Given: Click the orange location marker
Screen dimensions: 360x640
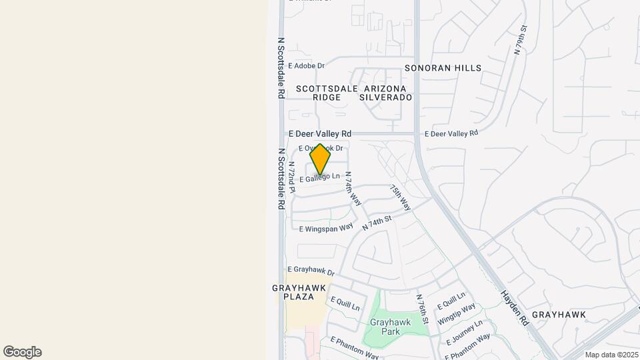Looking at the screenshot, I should pyautogui.click(x=320, y=159).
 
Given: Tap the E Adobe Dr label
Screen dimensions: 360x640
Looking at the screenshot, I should pyautogui.click(x=306, y=66).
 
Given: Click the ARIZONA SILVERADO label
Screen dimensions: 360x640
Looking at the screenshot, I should pyautogui.click(x=385, y=93).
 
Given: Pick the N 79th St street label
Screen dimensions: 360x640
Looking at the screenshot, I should pyautogui.click(x=521, y=39).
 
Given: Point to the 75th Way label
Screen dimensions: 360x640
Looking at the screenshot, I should pyautogui.click(x=401, y=198).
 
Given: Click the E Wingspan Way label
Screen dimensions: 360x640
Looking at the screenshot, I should pyautogui.click(x=326, y=228).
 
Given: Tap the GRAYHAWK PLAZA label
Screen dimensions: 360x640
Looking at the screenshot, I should pyautogui.click(x=299, y=292).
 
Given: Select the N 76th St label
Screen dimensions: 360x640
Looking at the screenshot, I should pyautogui.click(x=421, y=309).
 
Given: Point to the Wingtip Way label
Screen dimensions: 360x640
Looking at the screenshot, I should pyautogui.click(x=457, y=314).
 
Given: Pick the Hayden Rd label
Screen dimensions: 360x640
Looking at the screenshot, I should pyautogui.click(x=515, y=307).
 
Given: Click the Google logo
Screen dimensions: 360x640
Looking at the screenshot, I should pyautogui.click(x=22, y=352).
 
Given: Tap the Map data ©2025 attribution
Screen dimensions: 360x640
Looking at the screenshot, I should pyautogui.click(x=611, y=355).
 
